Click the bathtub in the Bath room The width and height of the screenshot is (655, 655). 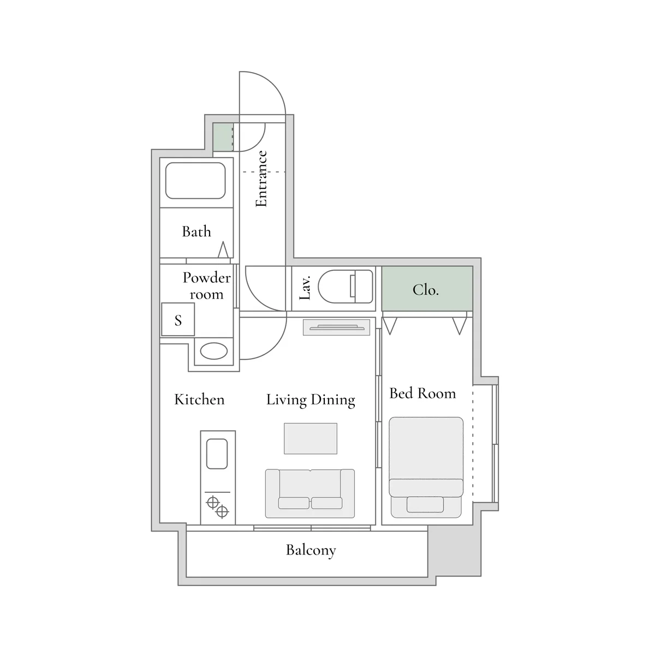coord(195,181)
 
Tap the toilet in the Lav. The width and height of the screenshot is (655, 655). coord(346,287)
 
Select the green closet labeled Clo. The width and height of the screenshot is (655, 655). coord(427,289)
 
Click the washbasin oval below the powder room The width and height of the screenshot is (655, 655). coord(214,351)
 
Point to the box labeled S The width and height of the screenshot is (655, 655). coord(178,319)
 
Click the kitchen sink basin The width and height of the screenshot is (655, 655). coord(217,454)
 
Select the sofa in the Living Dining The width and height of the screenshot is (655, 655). coord(310,493)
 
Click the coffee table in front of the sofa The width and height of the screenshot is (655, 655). coord(311,438)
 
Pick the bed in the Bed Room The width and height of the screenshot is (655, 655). coord(426,467)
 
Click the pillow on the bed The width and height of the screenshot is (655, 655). coord(425,504)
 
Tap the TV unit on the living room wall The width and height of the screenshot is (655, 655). coord(337,327)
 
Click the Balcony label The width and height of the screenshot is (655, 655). coord(311,550)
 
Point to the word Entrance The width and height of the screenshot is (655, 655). coord(261,179)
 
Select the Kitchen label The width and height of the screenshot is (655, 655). coord(200,400)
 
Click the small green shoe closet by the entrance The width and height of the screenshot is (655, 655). coord(223,137)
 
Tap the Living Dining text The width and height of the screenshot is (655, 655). coord(311,400)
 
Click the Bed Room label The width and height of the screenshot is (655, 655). coord(422,393)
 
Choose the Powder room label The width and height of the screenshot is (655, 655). coord(207,286)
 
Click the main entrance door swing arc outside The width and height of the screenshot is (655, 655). coord(272,86)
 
